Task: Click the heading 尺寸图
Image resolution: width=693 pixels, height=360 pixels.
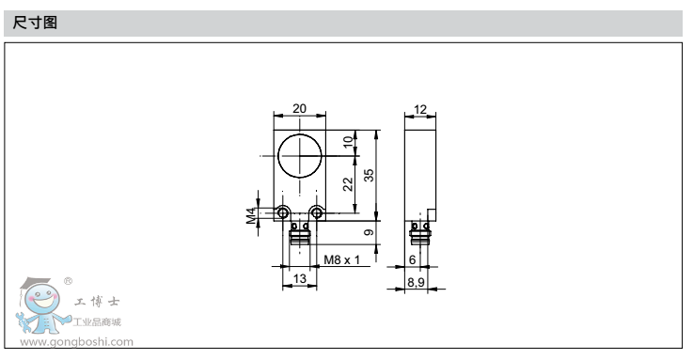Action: click(35, 22)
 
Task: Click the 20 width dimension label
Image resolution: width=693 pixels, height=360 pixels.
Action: click(299, 108)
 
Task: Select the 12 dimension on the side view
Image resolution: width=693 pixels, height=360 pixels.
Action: click(420, 109)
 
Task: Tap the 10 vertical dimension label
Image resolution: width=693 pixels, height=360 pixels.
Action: click(348, 141)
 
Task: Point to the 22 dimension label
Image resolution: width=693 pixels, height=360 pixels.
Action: click(348, 183)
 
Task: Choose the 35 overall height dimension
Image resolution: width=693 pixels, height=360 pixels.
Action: click(369, 175)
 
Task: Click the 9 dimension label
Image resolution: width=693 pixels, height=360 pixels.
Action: click(369, 232)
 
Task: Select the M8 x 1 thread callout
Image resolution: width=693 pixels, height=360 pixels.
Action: click(341, 259)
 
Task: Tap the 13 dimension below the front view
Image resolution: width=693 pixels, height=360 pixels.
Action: click(299, 278)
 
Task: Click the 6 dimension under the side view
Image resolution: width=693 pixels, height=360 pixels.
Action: click(412, 259)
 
